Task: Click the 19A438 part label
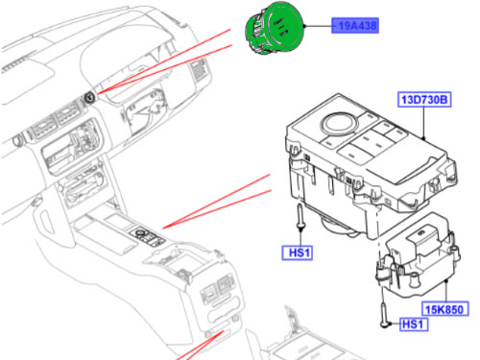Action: pyautogui.click(x=355, y=25)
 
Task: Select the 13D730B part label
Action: pyautogui.click(x=424, y=100)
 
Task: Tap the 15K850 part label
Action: pyautogui.click(x=444, y=309)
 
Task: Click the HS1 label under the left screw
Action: pyautogui.click(x=298, y=252)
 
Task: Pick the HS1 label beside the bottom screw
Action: pyautogui.click(x=413, y=324)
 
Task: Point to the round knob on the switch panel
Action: pyautogui.click(x=339, y=124)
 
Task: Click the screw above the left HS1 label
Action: pyautogui.click(x=300, y=217)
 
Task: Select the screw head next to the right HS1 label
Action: pyautogui.click(x=385, y=324)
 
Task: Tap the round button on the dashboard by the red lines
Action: pyautogui.click(x=89, y=97)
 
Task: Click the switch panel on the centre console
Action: pyautogui.click(x=148, y=237)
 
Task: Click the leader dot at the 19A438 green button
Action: pyautogui.click(x=305, y=26)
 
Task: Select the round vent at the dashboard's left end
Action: pyautogui.click(x=17, y=140)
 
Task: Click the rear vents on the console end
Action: pyautogui.click(x=217, y=287)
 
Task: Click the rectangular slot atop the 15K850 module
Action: pyautogui.click(x=421, y=234)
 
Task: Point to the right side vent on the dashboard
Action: pyautogui.click(x=199, y=69)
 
